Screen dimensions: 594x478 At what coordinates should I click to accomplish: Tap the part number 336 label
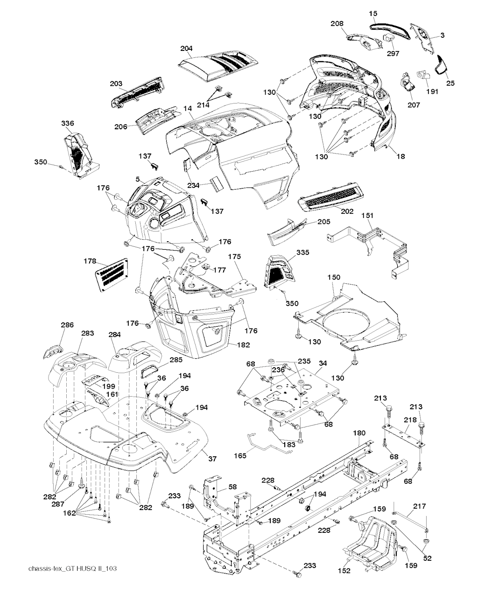(x=67, y=123)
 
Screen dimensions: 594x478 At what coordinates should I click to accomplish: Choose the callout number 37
(x=212, y=459)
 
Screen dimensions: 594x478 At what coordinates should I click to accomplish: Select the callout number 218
(x=410, y=419)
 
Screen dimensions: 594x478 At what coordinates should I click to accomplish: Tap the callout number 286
(x=67, y=325)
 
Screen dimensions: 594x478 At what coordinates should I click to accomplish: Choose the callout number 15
(x=373, y=13)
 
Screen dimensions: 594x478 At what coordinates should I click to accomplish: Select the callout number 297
(x=393, y=54)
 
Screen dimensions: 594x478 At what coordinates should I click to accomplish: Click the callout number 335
(x=303, y=252)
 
